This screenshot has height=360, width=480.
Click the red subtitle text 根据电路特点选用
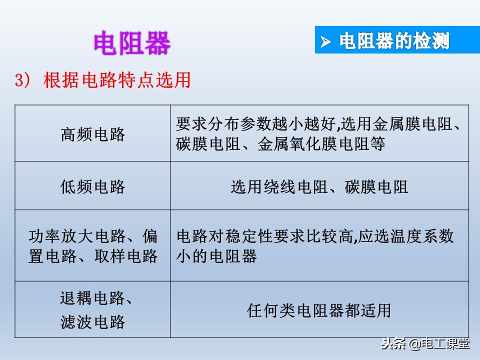tap(117, 80)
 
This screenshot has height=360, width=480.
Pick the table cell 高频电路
tap(93, 134)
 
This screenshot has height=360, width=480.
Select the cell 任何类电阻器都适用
tap(319, 310)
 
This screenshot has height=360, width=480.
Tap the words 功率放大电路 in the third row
tap(76, 235)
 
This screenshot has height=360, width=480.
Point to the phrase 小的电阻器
tap(216, 256)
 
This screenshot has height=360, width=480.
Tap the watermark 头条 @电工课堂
tap(425, 344)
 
